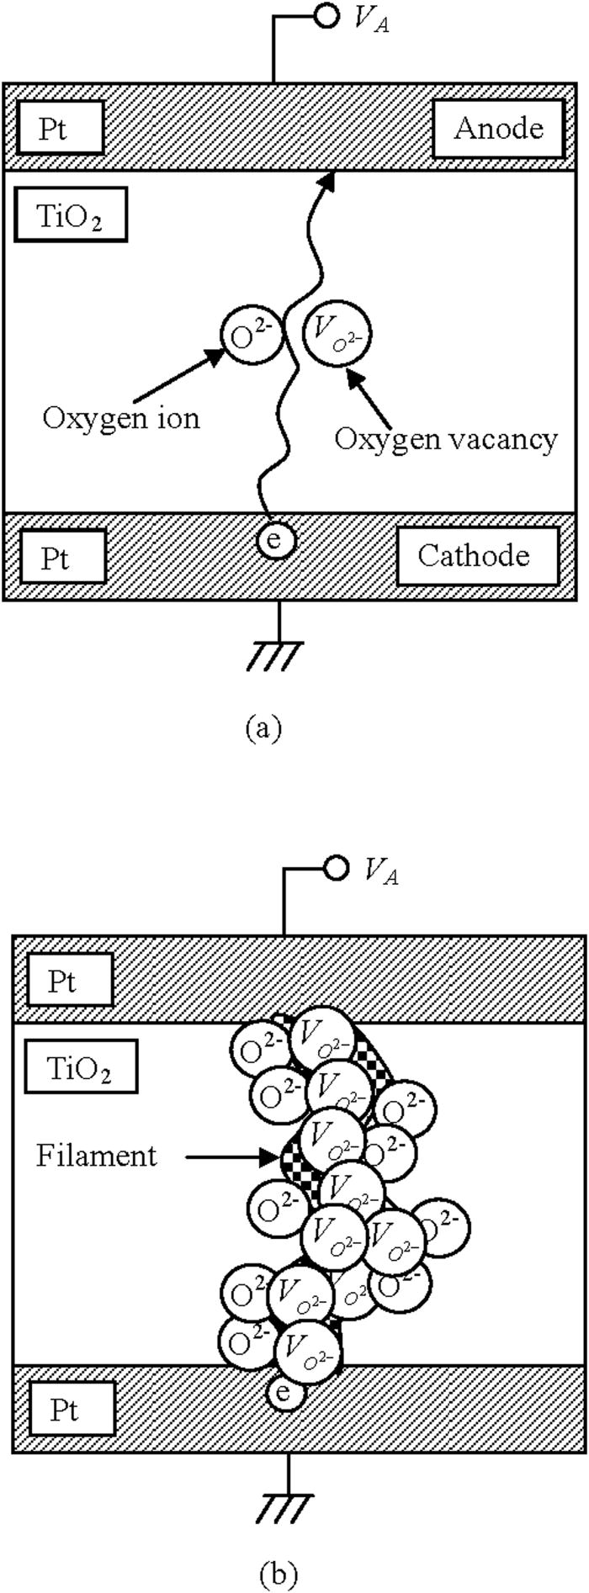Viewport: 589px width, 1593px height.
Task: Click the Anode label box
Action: point(499,129)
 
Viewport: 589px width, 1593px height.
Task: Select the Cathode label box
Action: point(477,556)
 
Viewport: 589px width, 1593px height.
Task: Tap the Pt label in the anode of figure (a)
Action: point(56,129)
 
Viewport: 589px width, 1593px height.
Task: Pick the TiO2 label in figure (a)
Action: point(71,217)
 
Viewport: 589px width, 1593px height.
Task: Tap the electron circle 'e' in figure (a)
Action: point(273,539)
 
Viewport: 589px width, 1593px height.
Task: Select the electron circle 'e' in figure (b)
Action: point(284,1392)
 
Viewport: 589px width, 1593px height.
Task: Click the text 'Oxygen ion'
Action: point(121,418)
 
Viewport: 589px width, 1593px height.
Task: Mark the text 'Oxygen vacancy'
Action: point(445,438)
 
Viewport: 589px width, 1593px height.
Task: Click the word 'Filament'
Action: point(96,1156)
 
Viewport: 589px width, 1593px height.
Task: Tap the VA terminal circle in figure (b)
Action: point(336,868)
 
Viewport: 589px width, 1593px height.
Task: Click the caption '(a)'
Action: point(263,727)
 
